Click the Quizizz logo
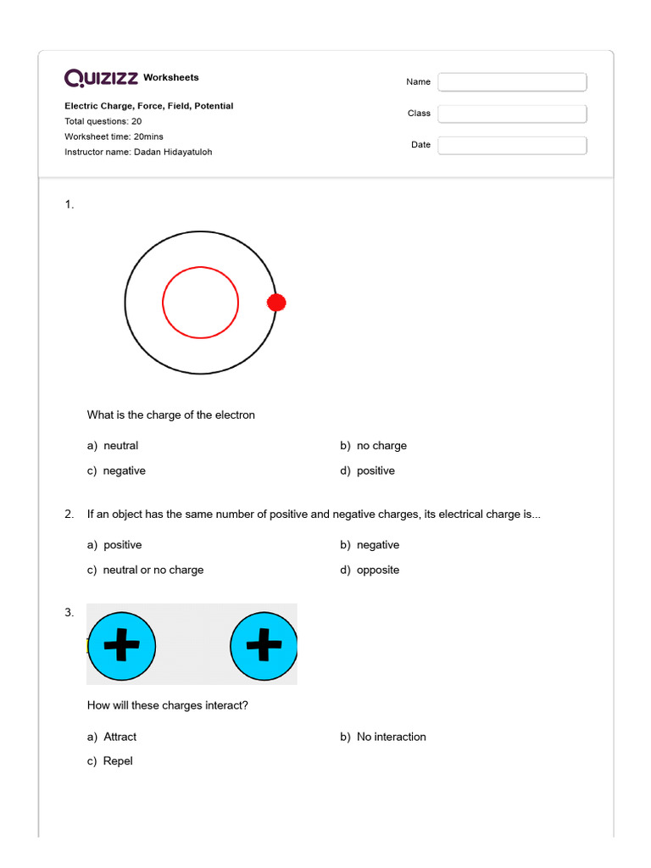102,78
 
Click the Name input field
512,82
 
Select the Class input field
512,114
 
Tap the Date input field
512,145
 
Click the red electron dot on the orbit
276,303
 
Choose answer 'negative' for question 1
124,471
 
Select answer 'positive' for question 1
376,471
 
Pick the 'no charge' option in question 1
381,446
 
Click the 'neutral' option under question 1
120,446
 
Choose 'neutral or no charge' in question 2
153,570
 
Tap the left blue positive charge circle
122,646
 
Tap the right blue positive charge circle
264,646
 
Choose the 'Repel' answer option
118,761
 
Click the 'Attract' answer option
120,737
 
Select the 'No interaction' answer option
391,737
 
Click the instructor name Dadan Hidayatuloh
173,152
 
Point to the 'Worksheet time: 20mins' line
114,136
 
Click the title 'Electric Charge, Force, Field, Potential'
149,106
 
